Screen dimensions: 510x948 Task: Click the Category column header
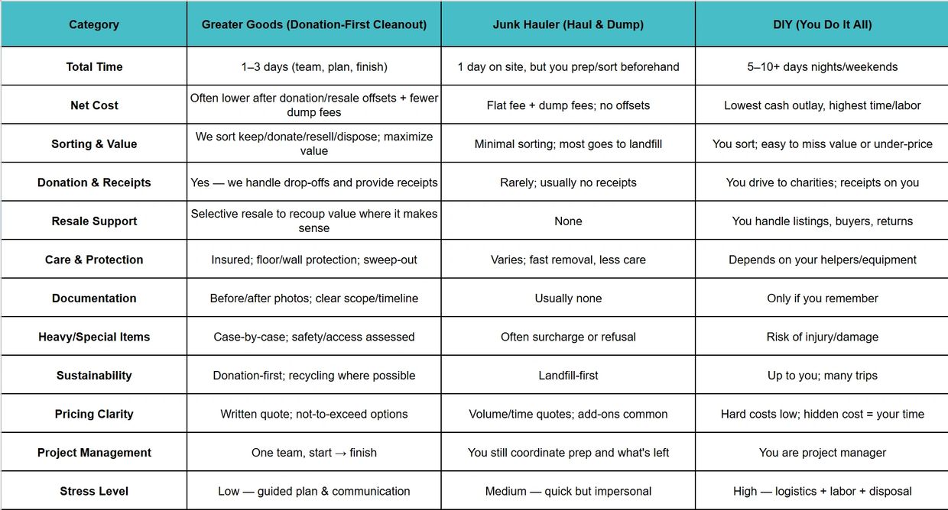click(x=94, y=24)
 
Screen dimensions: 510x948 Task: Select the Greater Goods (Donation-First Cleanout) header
click(x=313, y=24)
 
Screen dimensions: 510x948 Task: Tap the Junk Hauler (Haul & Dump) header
click(x=568, y=24)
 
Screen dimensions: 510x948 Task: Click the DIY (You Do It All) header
click(x=822, y=24)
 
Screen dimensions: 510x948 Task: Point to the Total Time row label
click(x=94, y=66)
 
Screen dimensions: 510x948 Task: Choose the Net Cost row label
click(x=94, y=105)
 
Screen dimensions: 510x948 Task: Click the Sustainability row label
click(x=94, y=376)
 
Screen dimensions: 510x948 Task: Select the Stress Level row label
click(x=94, y=491)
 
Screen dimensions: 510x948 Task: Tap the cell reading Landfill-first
click(x=568, y=376)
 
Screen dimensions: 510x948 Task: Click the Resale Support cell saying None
click(x=568, y=221)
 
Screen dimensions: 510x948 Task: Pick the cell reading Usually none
click(x=568, y=299)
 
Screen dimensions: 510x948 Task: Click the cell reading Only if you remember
click(x=822, y=299)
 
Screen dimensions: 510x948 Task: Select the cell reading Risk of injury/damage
click(x=822, y=337)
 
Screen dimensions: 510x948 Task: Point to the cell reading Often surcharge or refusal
click(x=568, y=337)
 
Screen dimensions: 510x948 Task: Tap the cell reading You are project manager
click(x=822, y=453)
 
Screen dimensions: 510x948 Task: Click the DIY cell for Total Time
click(x=822, y=66)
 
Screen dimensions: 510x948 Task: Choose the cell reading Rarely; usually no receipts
click(x=568, y=182)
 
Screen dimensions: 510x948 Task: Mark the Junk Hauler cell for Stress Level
click(x=568, y=491)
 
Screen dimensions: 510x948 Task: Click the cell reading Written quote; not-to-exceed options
click(x=313, y=414)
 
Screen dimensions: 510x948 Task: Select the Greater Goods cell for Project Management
click(x=313, y=453)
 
